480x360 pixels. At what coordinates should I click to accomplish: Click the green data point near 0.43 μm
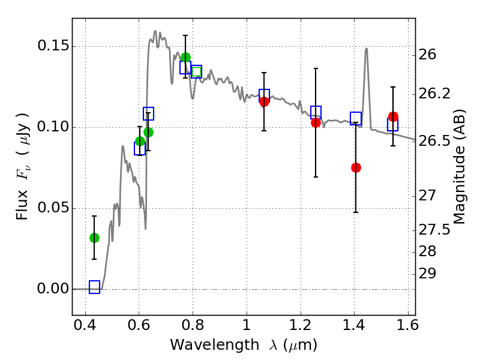94,238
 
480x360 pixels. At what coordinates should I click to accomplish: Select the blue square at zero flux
94,287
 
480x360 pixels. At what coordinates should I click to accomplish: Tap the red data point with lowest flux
356,167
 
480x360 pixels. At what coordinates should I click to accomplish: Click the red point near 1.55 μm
393,116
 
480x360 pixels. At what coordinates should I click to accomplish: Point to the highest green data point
185,58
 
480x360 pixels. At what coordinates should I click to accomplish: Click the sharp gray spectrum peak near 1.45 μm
366,49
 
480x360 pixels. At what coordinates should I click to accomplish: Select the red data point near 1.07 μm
264,101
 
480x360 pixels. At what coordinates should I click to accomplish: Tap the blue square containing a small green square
196,72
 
